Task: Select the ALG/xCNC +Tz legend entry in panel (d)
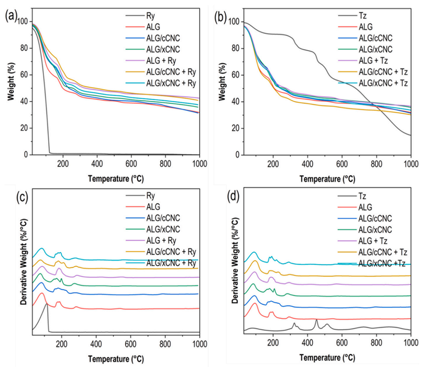click(x=382, y=263)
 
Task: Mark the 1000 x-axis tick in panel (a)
click(x=199, y=163)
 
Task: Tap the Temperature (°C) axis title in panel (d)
click(x=327, y=357)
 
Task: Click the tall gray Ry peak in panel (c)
click(x=47, y=305)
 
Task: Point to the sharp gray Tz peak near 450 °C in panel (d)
click(x=316, y=320)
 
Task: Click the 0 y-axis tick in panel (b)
click(x=239, y=155)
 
